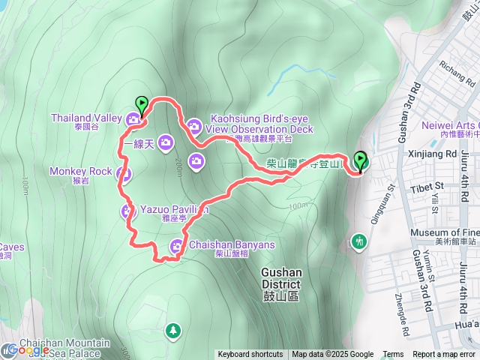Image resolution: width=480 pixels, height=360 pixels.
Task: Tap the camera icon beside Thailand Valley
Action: click(x=133, y=118)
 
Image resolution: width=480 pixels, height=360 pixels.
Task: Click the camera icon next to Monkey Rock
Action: click(x=124, y=175)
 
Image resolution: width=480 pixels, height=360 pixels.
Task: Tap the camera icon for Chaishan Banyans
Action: click(x=176, y=245)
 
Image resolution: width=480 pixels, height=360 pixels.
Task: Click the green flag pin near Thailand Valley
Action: click(x=141, y=104)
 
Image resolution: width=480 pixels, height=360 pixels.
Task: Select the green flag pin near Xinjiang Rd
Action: click(x=361, y=160)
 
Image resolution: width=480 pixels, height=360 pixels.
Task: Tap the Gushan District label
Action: click(x=281, y=278)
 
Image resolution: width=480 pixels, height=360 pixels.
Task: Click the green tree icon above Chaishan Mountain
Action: click(x=173, y=330)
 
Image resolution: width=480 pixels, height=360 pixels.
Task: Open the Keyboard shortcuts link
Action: click(x=250, y=355)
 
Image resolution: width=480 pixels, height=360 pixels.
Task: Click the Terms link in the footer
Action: click(x=393, y=355)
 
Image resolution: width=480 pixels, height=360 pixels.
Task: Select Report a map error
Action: click(x=444, y=355)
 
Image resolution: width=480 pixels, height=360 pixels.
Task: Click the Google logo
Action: click(x=26, y=350)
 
